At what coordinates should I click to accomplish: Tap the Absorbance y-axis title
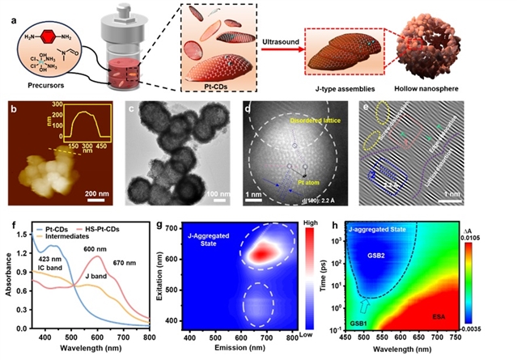[10, 280]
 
